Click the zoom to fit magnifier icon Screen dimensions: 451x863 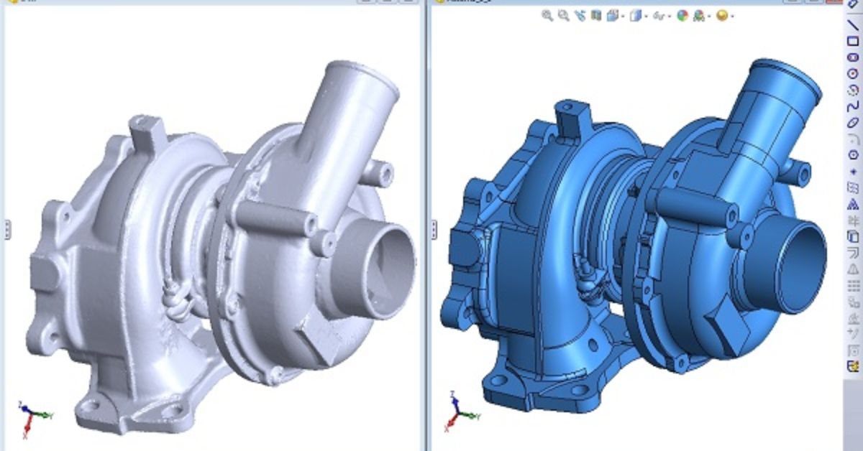[x=547, y=16]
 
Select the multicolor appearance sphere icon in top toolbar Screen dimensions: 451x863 [x=682, y=16]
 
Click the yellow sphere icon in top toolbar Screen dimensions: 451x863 [x=722, y=16]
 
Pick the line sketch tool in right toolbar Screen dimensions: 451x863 [x=854, y=25]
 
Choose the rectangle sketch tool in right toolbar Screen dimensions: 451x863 [x=854, y=41]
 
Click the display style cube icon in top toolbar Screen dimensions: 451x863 [x=635, y=16]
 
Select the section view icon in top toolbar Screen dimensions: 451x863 [x=596, y=16]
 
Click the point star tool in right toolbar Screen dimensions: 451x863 [x=854, y=171]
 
